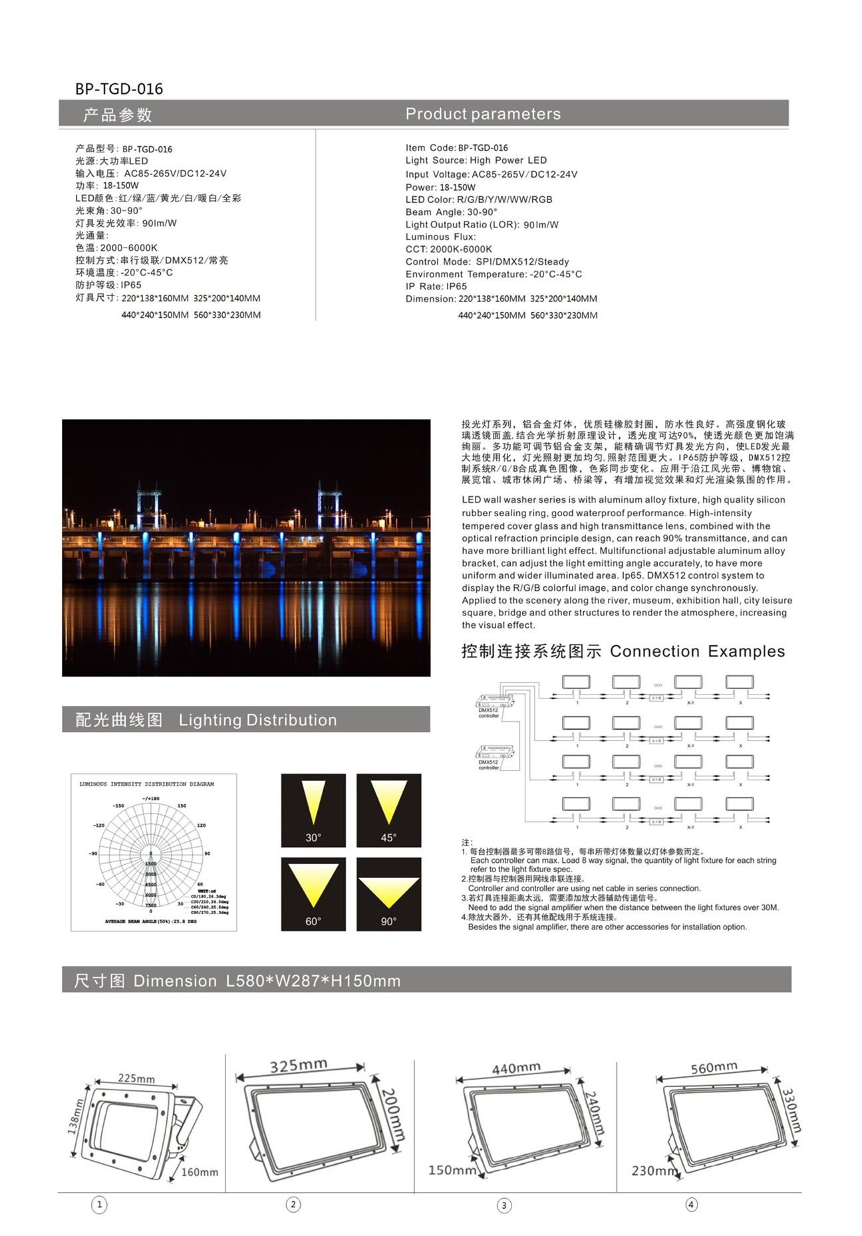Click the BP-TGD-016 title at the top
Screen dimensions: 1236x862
pos(119,89)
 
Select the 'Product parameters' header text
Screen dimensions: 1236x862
pos(483,114)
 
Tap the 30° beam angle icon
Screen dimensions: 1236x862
pos(313,810)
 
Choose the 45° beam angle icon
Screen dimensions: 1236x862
pos(388,810)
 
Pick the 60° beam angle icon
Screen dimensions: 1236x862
pos(313,893)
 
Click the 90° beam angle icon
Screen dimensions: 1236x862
pos(388,893)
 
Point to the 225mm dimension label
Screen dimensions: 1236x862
pos(136,1078)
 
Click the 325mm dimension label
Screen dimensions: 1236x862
pos(299,1066)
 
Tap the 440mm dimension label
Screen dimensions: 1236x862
pos(516,1068)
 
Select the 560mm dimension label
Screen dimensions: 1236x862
pos(714,1068)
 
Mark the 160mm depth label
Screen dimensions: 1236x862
pos(200,1172)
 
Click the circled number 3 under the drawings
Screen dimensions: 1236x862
pos(504,1205)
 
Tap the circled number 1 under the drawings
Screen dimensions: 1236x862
pos(99,1205)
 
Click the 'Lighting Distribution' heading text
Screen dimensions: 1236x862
pos(257,720)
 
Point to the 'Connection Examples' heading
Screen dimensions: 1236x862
pos(697,651)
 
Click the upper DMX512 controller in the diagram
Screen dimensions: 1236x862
pos(495,702)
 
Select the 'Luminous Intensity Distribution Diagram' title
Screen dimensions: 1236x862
pos(147,784)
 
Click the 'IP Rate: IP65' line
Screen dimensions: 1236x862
pos(436,287)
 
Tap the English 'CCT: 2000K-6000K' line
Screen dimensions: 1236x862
pos(449,249)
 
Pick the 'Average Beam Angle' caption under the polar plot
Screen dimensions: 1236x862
pos(150,921)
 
